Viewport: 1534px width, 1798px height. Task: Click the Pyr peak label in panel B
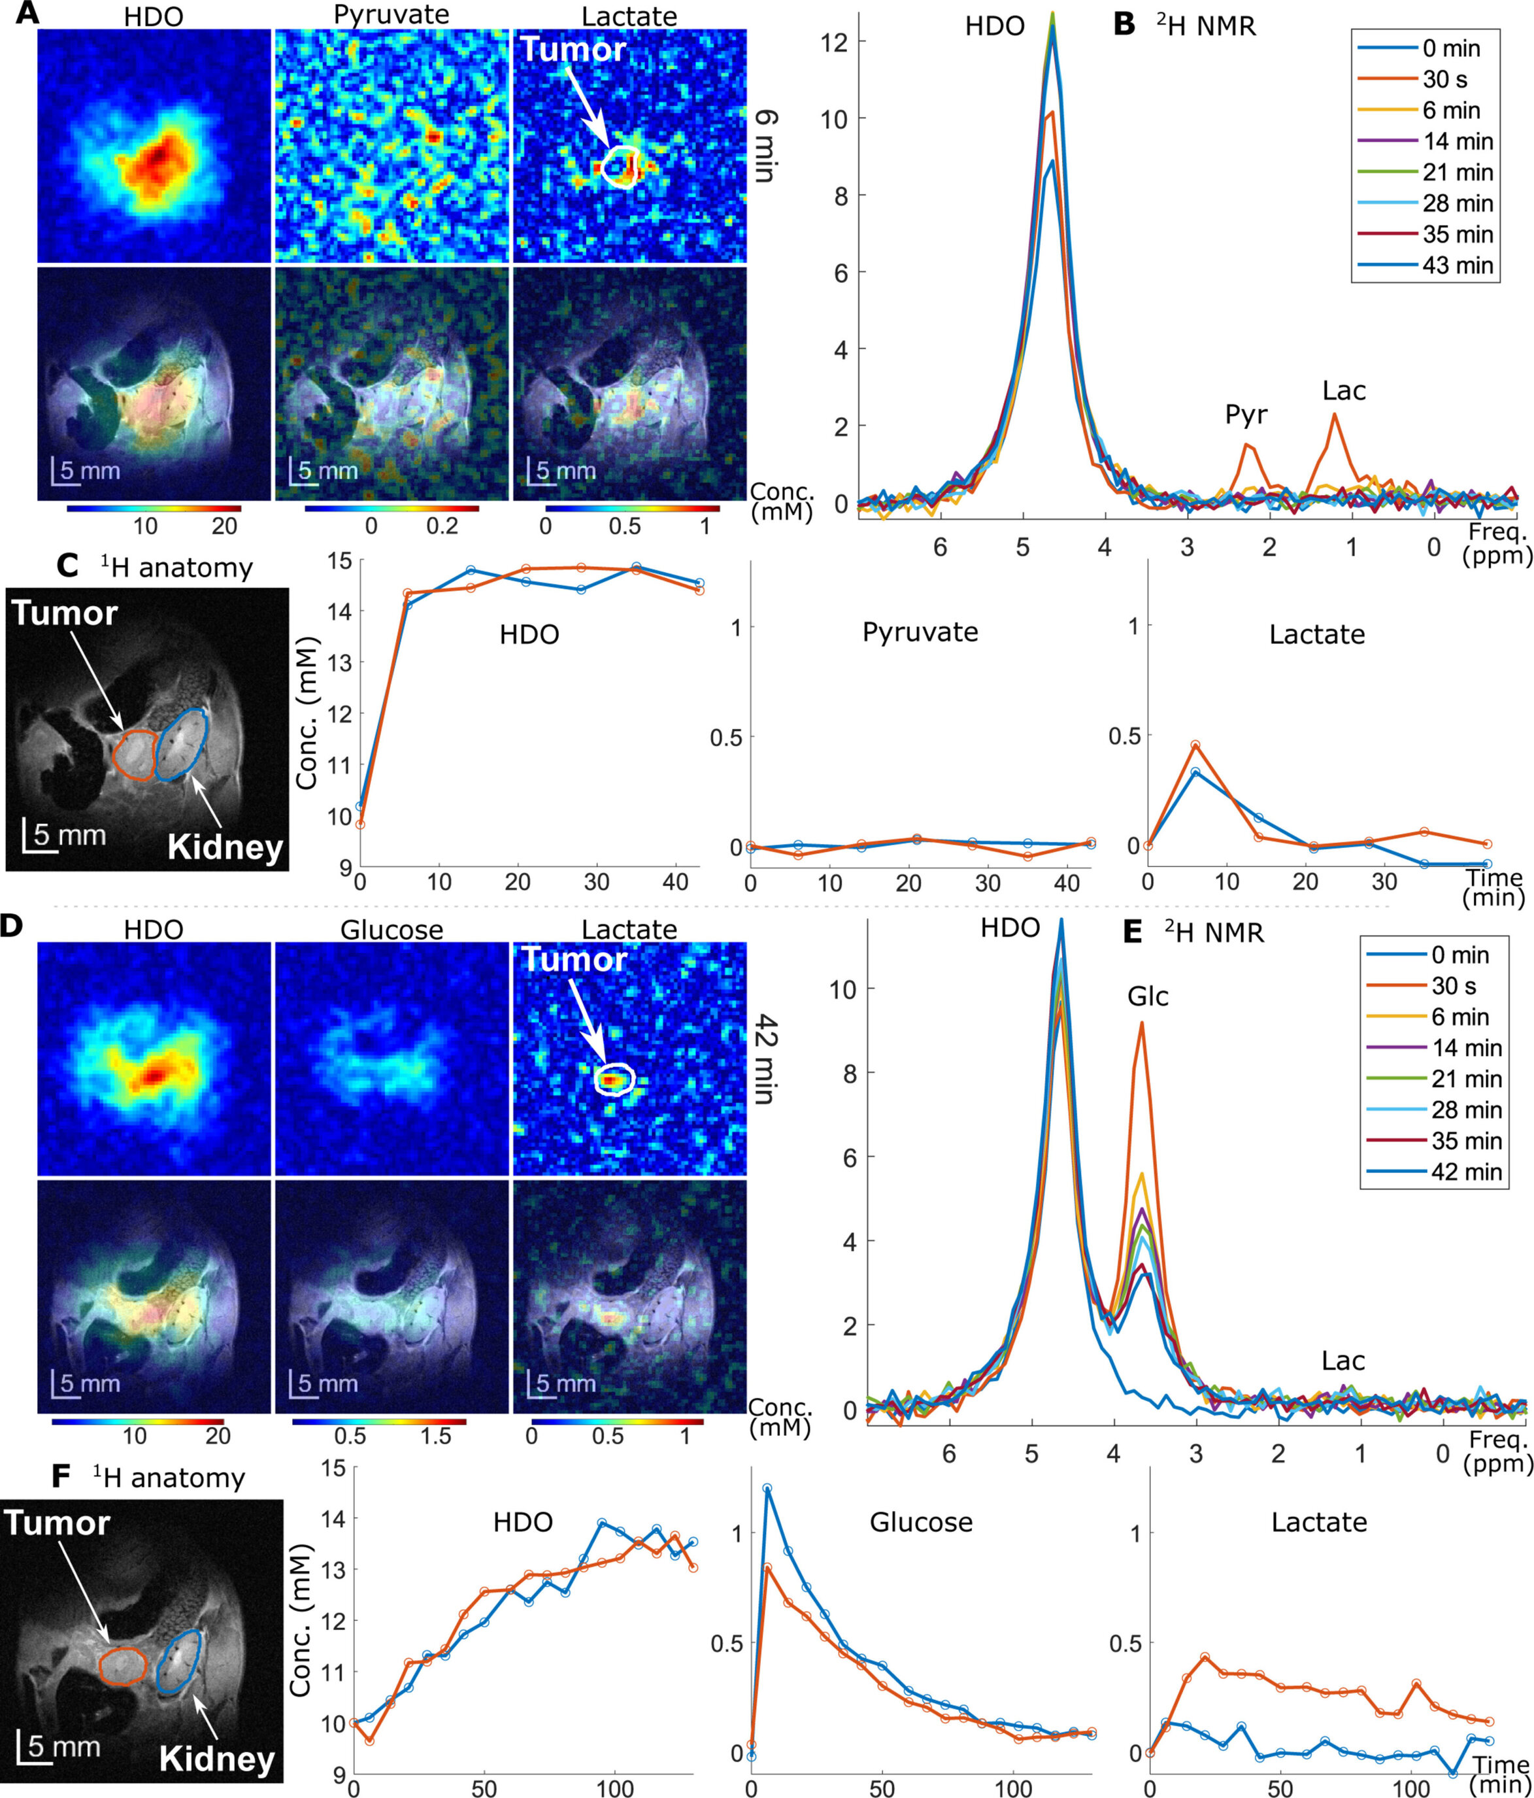(1245, 416)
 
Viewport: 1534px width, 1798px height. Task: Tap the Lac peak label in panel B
(1343, 392)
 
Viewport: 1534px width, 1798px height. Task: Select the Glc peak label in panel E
(1147, 996)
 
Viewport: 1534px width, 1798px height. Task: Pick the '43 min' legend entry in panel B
(1457, 265)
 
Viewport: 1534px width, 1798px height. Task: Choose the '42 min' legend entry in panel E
(1465, 1172)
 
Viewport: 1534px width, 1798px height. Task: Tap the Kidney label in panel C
(225, 847)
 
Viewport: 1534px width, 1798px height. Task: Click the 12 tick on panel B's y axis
(835, 42)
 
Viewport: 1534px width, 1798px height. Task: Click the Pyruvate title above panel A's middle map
(392, 15)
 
